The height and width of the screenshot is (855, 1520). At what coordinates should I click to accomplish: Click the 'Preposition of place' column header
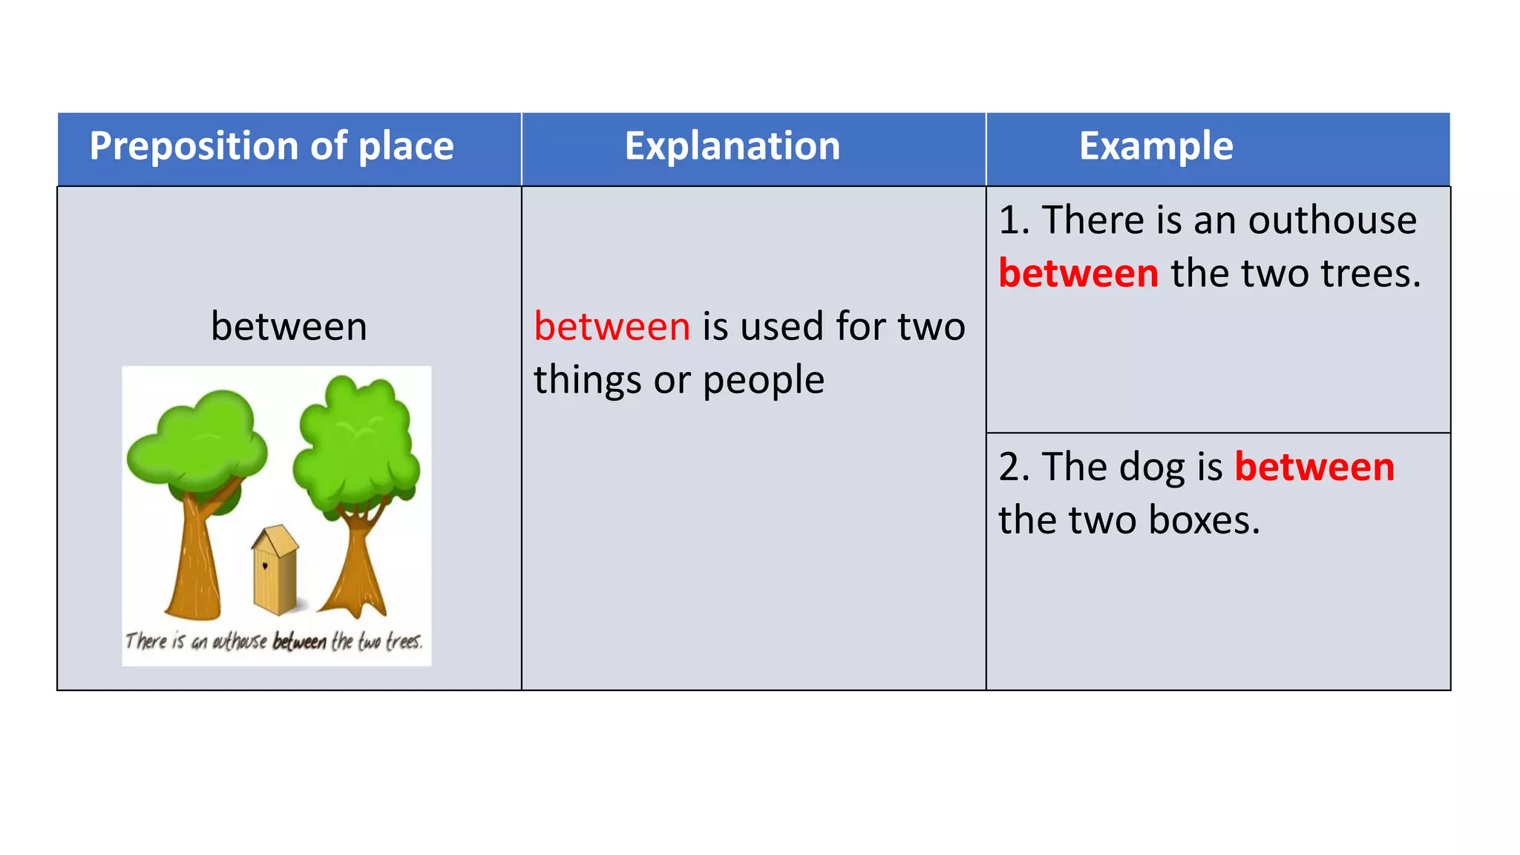[272, 146]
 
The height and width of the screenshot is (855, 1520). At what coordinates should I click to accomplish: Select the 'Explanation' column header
[733, 146]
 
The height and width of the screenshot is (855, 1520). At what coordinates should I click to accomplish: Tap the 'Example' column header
[1156, 146]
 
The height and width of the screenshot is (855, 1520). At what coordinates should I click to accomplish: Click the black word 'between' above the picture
[289, 327]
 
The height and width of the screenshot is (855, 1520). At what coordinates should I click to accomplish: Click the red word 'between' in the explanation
[612, 327]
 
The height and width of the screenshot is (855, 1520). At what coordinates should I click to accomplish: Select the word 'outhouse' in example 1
[1332, 220]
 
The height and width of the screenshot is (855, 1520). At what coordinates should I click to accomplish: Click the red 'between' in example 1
[1078, 274]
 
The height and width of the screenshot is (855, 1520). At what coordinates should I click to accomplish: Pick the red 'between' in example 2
[1314, 468]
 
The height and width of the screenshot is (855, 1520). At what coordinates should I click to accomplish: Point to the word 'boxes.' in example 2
[1204, 520]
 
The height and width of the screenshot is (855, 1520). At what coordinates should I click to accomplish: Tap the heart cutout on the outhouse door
[265, 566]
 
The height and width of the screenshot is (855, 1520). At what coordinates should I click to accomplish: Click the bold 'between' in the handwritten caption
[299, 642]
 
